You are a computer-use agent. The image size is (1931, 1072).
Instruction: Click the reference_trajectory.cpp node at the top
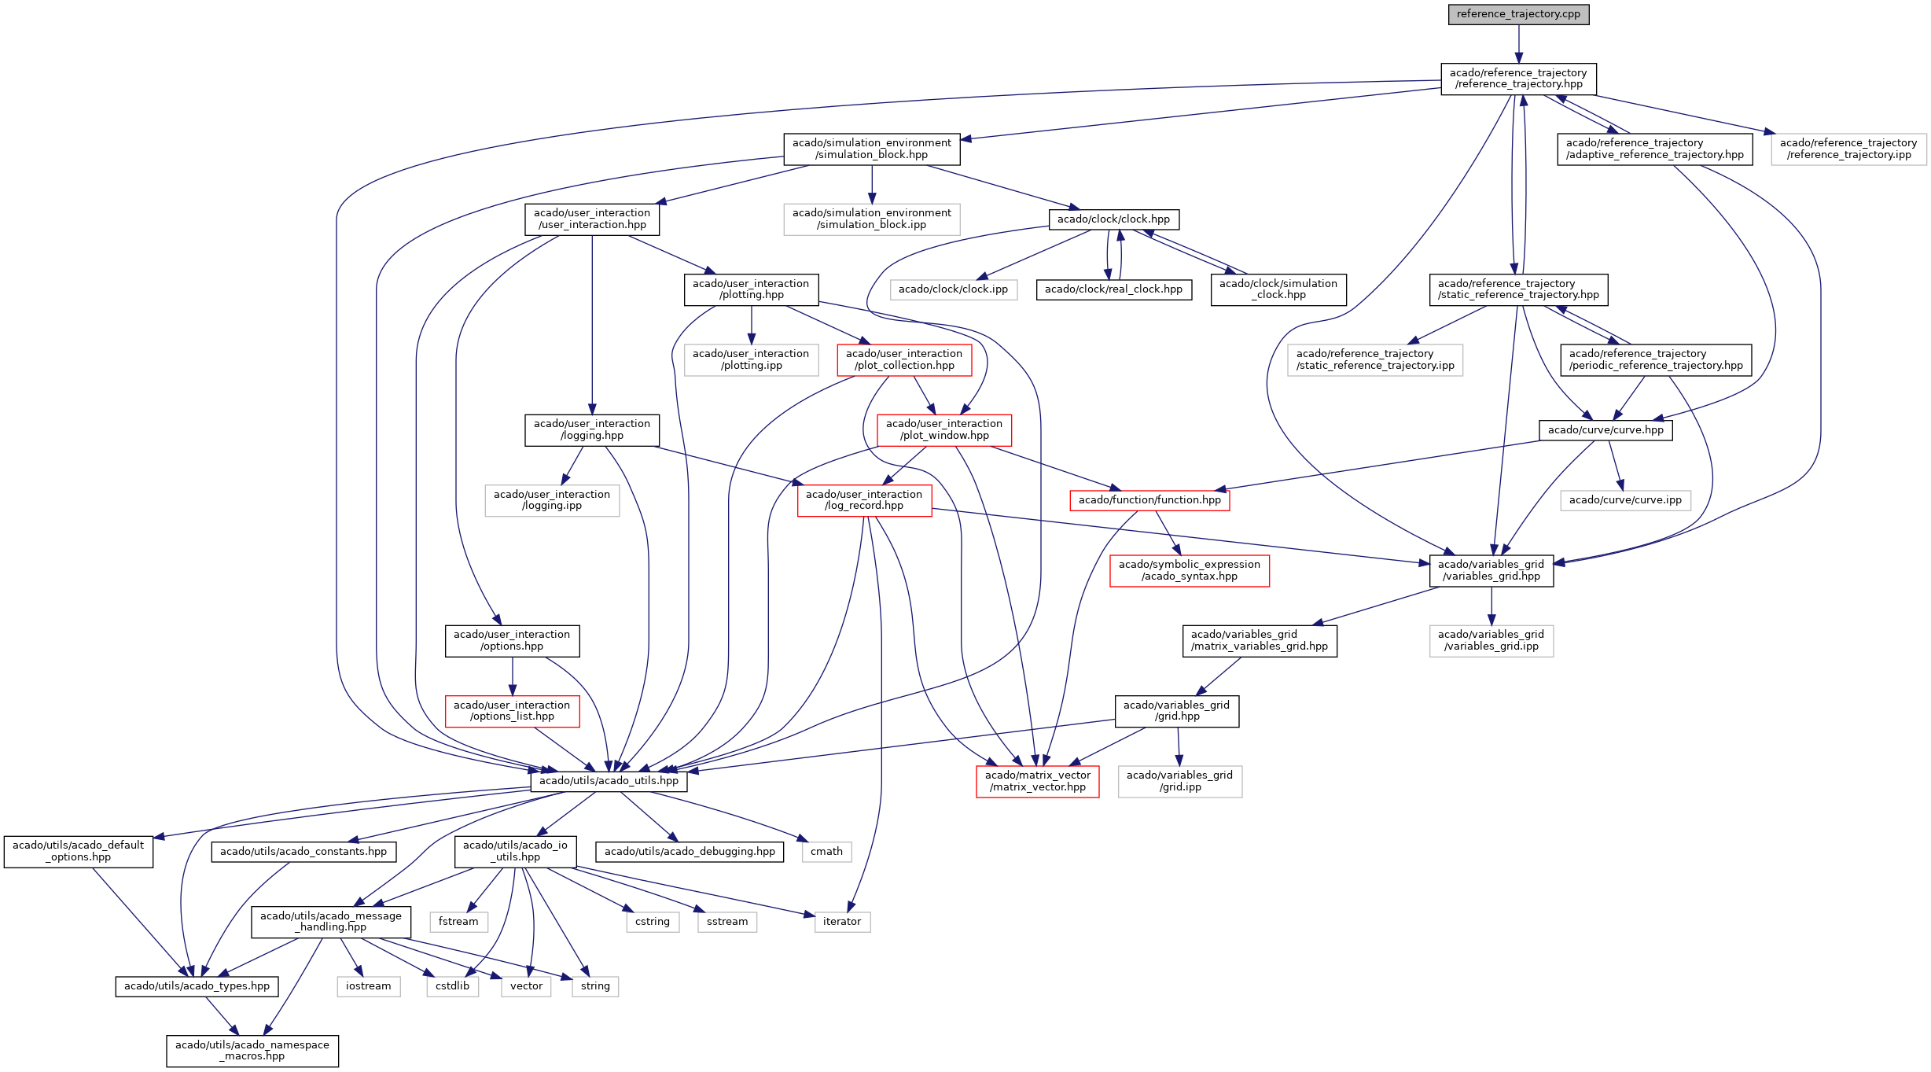(x=1518, y=14)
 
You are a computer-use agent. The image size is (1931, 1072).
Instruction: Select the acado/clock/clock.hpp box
(x=1113, y=219)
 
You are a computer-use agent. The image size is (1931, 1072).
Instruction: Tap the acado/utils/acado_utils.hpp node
(x=609, y=781)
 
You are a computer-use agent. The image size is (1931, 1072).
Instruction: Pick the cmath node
(x=826, y=852)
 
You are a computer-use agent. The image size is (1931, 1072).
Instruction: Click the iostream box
(x=368, y=986)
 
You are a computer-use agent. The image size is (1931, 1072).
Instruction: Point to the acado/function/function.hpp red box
(x=1149, y=500)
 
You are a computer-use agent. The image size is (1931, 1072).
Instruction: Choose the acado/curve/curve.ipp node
(x=1625, y=500)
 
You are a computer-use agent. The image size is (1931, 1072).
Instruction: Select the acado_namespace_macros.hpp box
(x=252, y=1051)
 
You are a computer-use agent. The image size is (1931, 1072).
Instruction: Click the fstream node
(x=458, y=922)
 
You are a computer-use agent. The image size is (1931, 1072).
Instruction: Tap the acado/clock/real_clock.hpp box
(x=1113, y=289)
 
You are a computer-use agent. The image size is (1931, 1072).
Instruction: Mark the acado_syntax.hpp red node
(x=1189, y=570)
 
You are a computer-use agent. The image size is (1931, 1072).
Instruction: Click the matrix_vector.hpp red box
(x=1037, y=781)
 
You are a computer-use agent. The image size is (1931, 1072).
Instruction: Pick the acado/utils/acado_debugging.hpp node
(x=690, y=852)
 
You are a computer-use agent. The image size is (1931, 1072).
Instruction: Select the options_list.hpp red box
(x=512, y=711)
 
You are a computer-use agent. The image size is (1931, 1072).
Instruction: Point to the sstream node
(x=727, y=922)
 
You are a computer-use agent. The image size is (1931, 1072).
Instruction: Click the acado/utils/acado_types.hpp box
(x=197, y=986)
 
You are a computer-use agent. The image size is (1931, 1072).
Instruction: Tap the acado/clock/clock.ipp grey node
(x=953, y=289)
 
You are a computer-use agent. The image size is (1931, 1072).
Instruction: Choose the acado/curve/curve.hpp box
(x=1605, y=430)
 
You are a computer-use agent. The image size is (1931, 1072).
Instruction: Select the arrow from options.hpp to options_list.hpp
(x=513, y=676)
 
